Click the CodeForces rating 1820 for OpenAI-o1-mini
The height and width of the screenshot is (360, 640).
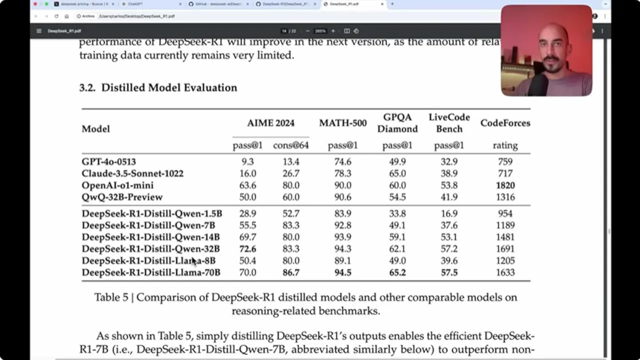(505, 185)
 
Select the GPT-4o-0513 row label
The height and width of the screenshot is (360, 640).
(108, 162)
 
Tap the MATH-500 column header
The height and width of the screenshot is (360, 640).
(342, 123)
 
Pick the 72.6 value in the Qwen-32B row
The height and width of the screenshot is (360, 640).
(247, 249)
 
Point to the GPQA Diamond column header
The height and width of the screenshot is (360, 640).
(397, 123)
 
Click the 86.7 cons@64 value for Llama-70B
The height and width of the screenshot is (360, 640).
(290, 272)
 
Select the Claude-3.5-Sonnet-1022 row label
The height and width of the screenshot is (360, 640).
(132, 173)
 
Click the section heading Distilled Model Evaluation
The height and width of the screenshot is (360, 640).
(169, 88)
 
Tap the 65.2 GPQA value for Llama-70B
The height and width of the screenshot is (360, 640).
(397, 272)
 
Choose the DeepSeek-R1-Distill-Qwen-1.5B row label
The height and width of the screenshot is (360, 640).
(151, 213)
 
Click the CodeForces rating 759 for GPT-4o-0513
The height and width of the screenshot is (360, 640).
(505, 162)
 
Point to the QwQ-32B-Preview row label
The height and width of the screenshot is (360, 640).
(122, 197)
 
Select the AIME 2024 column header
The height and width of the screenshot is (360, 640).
(270, 123)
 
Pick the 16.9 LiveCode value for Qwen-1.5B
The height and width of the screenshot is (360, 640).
(448, 213)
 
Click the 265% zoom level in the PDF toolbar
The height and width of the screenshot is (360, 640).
(320, 31)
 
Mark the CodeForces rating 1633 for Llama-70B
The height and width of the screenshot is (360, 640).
(505, 272)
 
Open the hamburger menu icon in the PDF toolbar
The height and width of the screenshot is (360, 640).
(39, 31)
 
